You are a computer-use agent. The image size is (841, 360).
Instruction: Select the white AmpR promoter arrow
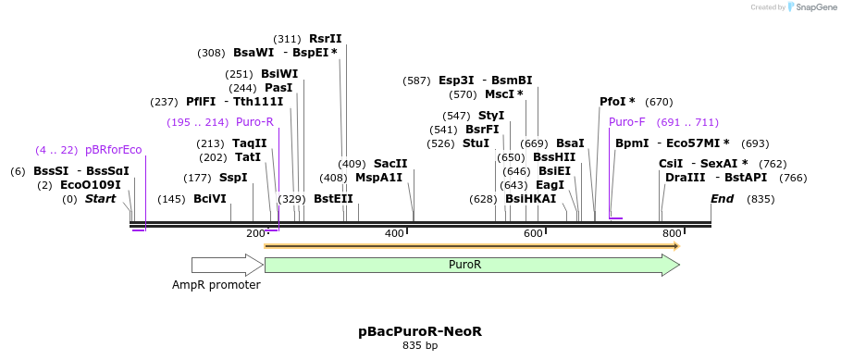pos(227,265)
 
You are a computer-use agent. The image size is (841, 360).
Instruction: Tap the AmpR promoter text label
pos(216,285)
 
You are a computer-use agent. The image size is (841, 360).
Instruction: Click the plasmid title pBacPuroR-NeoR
pos(420,330)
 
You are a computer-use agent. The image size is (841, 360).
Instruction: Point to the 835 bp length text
pos(420,345)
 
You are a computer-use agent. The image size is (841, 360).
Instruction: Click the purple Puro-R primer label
pos(254,122)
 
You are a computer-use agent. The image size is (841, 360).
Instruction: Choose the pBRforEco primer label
pos(114,150)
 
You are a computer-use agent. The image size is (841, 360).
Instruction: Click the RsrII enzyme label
pos(325,39)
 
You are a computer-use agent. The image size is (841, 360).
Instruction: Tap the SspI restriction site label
pos(233,178)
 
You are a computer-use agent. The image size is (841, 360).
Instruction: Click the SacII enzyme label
pos(390,164)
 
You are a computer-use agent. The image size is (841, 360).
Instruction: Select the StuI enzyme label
pos(476,143)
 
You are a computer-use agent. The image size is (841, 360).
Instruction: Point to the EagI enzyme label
pos(550,185)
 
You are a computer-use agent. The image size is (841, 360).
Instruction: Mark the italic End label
pos(722,199)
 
